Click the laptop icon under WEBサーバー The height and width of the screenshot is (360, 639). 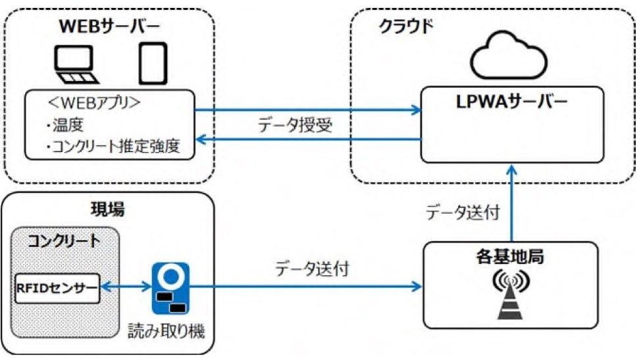(x=76, y=64)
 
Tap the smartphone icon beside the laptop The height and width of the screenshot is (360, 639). (x=153, y=64)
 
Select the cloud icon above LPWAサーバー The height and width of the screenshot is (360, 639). (x=509, y=56)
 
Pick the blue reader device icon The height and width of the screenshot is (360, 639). (x=170, y=288)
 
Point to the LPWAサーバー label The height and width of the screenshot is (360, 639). (x=512, y=102)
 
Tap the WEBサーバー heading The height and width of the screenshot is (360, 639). (x=110, y=26)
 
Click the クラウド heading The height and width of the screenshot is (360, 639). (x=406, y=26)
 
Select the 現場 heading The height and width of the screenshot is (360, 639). (x=107, y=209)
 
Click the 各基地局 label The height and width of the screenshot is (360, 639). (x=510, y=257)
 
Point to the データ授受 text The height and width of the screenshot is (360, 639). (x=295, y=125)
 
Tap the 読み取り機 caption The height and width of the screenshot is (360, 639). (x=166, y=330)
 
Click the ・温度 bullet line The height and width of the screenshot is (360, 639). (x=64, y=125)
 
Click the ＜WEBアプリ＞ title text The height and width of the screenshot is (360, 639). (x=94, y=103)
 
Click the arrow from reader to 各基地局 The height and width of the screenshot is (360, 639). (x=305, y=286)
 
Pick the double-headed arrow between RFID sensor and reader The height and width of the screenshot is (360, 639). (x=126, y=287)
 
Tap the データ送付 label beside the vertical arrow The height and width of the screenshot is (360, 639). (x=463, y=213)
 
